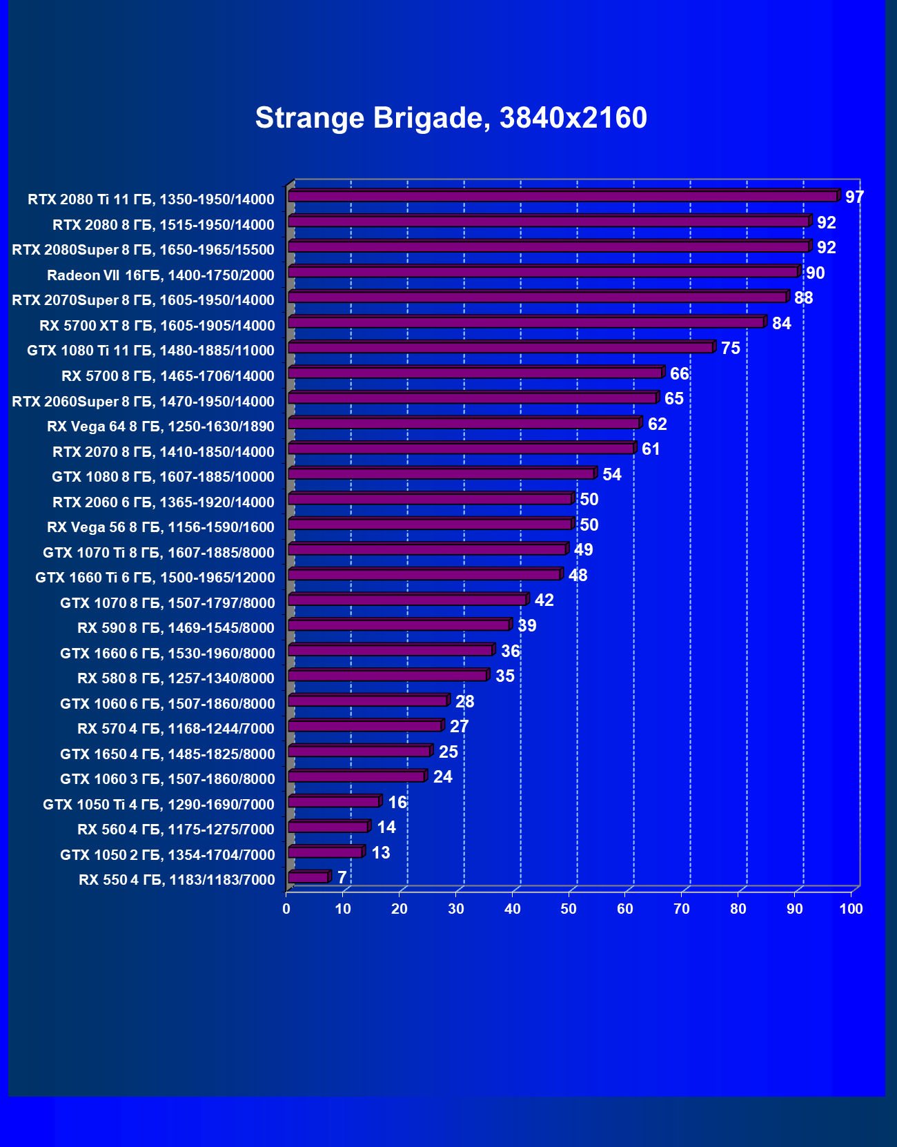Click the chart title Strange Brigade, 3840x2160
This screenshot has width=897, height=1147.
tap(451, 118)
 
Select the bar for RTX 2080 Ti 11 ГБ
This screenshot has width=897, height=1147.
tap(562, 197)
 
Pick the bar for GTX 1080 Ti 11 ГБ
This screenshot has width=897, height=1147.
tap(500, 348)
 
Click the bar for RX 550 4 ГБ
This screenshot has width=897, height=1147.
tap(308, 877)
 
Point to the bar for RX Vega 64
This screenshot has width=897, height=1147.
tap(463, 423)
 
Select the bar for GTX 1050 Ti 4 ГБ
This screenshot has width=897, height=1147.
tap(333, 802)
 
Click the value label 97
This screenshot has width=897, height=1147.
tap(854, 197)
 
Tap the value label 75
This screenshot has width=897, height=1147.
tap(730, 349)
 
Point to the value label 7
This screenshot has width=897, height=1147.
tap(342, 878)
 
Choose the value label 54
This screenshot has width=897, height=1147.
tap(611, 475)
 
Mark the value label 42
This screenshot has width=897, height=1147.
tap(544, 600)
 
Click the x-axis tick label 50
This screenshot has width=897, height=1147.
tap(569, 909)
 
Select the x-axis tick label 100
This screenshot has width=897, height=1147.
tap(851, 909)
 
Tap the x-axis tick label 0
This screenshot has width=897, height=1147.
tap(286, 909)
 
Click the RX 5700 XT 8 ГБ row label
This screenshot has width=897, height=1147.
tap(157, 325)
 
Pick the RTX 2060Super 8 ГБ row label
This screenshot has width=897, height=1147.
tap(144, 401)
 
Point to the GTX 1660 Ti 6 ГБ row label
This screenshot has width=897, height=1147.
tap(155, 577)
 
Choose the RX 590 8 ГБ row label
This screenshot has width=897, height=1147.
tap(176, 627)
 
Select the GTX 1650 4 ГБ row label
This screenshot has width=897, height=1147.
tap(168, 754)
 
